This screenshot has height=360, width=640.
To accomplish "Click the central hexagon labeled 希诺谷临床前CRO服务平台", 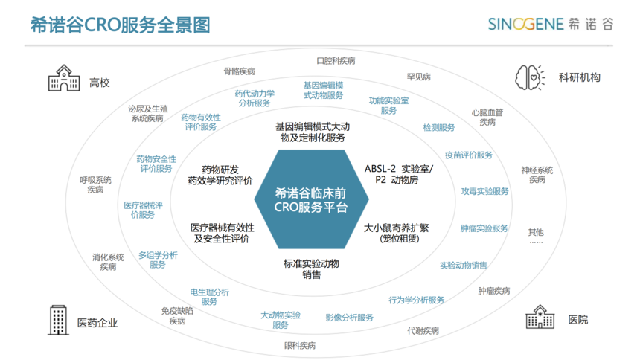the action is point(311,199).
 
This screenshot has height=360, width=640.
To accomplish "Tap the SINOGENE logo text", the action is point(525,24).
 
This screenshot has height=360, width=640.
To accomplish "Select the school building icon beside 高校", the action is point(64,78).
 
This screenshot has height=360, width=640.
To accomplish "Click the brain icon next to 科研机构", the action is point(530,77).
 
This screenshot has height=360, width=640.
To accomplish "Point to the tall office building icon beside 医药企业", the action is point(58,320).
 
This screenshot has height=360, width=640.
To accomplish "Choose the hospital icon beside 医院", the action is point(540,317).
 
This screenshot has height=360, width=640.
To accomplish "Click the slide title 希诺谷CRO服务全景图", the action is point(121,25).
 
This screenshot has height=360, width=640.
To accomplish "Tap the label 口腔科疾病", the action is point(336,61).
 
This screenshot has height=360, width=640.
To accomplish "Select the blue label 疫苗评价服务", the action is point(469,155).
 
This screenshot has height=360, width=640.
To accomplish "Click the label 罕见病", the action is point(419,77).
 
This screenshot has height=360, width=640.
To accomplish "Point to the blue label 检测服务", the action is point(439,127).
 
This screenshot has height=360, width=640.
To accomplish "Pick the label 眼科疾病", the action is point(300,346).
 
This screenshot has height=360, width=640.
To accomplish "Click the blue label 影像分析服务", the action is point(349,318).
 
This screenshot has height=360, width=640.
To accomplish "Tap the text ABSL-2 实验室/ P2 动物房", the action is point(399,174).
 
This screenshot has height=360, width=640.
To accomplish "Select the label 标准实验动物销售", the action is point(311,269).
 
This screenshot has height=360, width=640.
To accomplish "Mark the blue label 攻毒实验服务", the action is point(485,191).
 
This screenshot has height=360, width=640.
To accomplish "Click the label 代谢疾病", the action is point(423,330).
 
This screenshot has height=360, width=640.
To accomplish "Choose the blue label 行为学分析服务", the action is point(416,300).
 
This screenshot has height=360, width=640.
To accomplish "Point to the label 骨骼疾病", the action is point(239,71).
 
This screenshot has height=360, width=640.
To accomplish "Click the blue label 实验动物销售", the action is point(464,266).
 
